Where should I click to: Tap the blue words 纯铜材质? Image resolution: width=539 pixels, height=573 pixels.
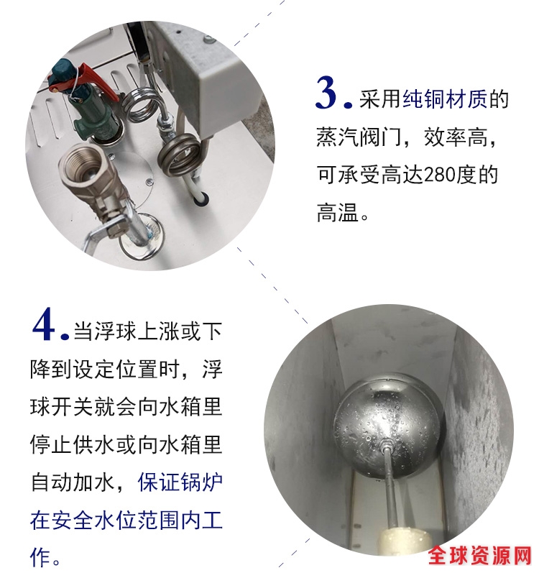tap(445, 98)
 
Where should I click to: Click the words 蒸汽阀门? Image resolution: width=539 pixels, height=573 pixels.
tap(359, 137)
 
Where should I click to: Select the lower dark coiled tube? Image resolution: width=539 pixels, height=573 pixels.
tap(179, 154)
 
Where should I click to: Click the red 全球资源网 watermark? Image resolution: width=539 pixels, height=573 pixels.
tap(480, 556)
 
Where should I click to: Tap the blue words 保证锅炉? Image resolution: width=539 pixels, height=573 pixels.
tap(180, 482)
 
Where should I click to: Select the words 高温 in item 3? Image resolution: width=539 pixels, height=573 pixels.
tap(338, 213)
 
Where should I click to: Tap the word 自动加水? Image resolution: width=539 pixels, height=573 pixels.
tap(73, 482)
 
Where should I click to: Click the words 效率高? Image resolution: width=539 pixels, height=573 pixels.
tap(456, 137)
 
